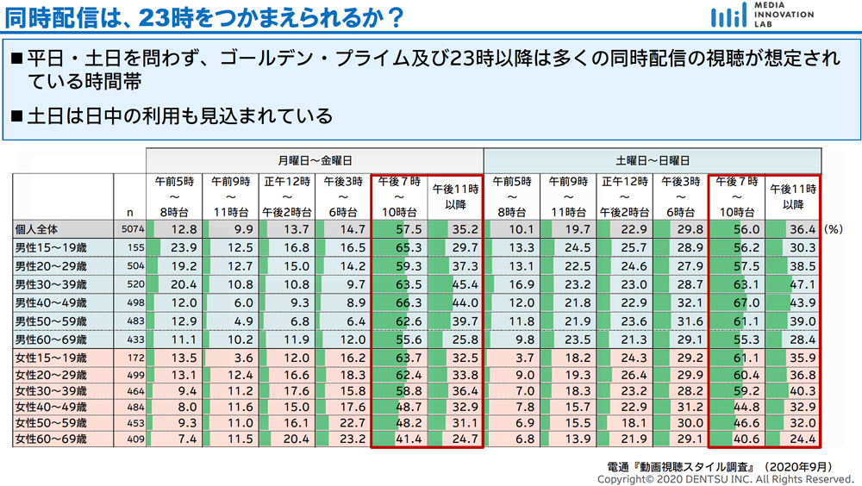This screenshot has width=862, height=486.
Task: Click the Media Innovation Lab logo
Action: pos(761,15)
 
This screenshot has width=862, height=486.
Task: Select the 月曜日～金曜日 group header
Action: pos(315,160)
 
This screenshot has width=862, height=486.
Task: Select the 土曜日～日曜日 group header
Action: pos(653,160)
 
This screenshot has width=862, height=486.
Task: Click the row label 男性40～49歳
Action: pos(51,303)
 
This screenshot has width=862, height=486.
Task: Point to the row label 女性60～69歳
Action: pos(51,439)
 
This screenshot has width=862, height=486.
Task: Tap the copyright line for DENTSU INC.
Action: pos(724,479)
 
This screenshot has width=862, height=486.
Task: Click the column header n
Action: pos(130,212)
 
